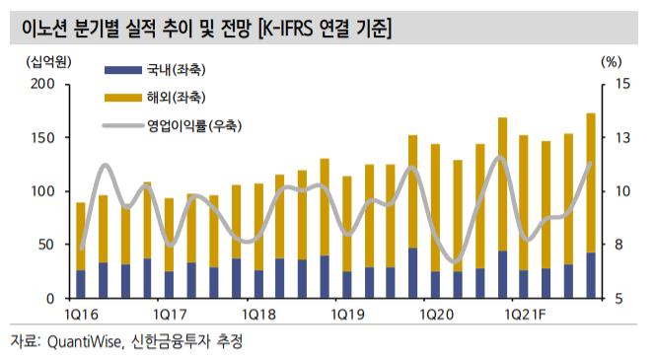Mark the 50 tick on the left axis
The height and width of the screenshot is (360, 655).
pos(46,245)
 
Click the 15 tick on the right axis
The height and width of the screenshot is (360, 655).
pos(609,85)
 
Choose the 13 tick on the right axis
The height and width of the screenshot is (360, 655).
pos(609,138)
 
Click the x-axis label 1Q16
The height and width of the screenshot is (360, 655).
pos(81,314)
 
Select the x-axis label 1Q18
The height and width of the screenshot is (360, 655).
pos(257,314)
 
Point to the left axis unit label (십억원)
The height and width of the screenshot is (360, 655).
pos(36,60)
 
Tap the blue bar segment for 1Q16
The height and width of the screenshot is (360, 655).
pos(81,284)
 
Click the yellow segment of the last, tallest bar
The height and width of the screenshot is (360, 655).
pos(591,182)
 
